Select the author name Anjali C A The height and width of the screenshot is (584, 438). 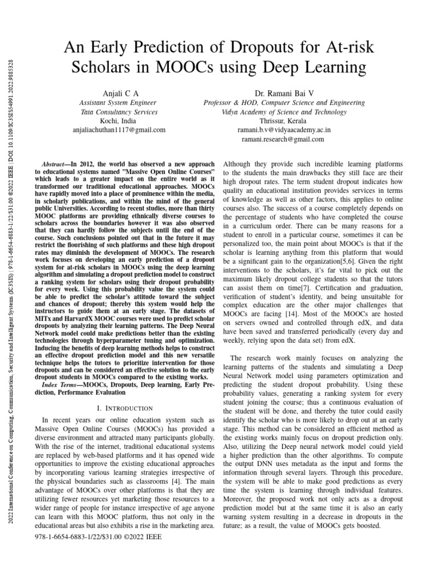tap(120, 92)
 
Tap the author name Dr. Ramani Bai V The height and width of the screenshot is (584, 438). tap(283, 92)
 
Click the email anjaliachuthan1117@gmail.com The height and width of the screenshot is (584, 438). tap(120, 130)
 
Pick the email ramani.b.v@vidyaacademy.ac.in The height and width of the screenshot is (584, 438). tap(283, 130)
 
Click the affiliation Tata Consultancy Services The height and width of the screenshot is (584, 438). tap(120, 112)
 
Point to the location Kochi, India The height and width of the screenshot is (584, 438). tap(120, 121)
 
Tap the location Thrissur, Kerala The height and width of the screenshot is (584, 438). tap(283, 121)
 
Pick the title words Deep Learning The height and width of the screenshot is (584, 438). tap(318, 67)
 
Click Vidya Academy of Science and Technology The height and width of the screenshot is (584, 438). tap(283, 112)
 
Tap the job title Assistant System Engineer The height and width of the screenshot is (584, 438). tap(120, 102)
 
